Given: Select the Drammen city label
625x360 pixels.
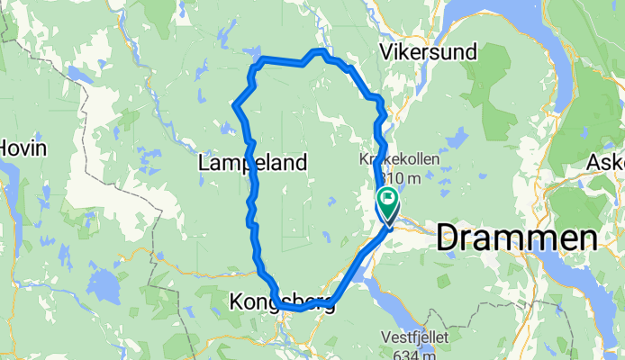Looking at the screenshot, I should (517, 238).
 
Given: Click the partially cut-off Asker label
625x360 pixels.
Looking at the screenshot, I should (605, 163).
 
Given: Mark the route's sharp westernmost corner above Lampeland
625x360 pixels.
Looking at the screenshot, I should (235, 106).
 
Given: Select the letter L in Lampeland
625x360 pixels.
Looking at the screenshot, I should (203, 163).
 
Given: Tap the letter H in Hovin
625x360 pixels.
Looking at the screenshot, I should (5, 148).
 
